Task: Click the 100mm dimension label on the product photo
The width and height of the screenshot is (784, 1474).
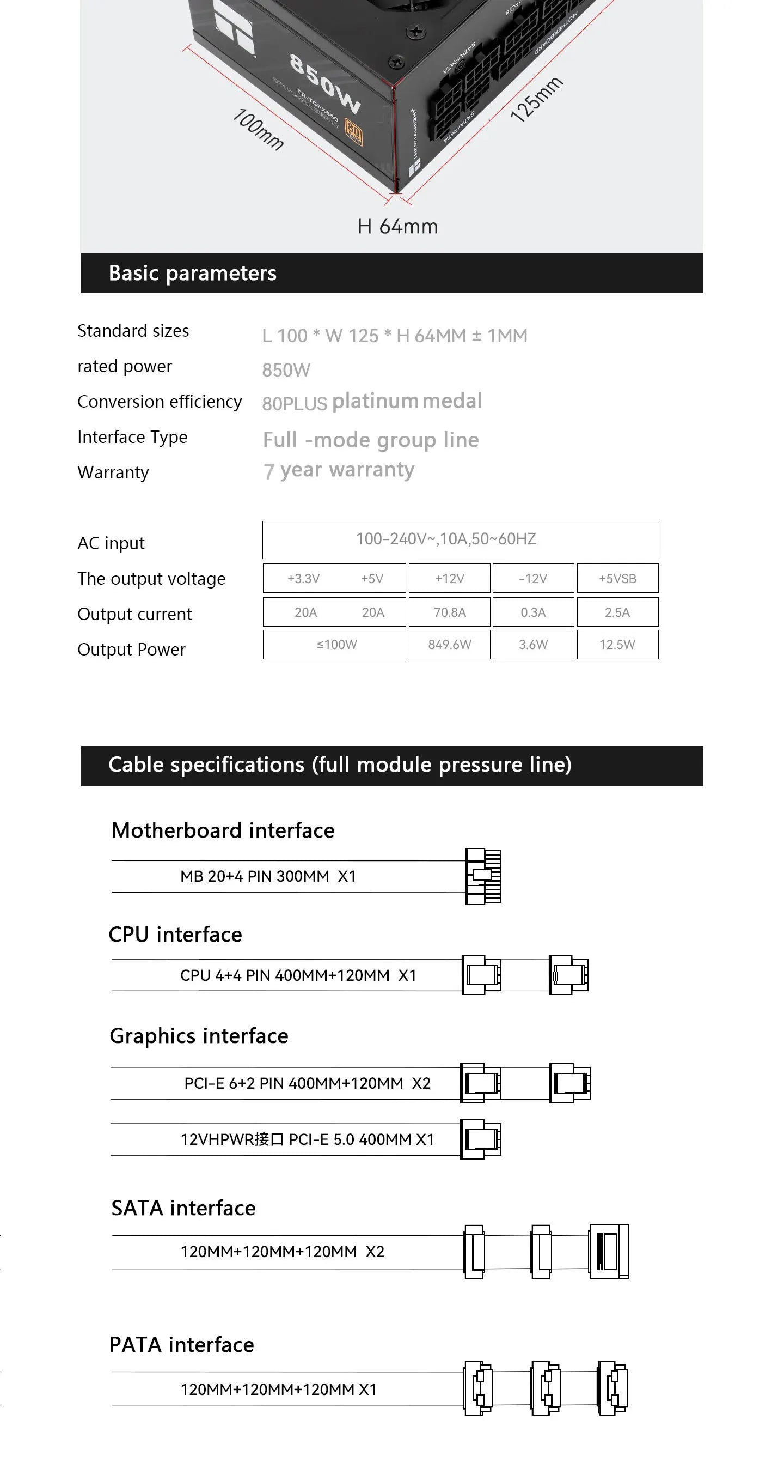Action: [258, 129]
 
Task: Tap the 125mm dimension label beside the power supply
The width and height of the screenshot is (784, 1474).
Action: [536, 100]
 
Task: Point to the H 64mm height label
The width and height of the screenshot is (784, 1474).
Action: [397, 227]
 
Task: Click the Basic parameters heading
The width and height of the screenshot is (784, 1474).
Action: [193, 274]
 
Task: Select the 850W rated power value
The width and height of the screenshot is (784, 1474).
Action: [286, 370]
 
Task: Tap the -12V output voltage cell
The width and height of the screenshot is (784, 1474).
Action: [533, 579]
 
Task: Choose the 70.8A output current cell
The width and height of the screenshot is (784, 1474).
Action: [450, 612]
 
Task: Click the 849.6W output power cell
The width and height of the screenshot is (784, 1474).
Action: [450, 645]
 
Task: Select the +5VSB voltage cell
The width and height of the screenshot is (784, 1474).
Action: [617, 579]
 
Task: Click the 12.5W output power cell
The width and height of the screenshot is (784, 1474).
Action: [617, 645]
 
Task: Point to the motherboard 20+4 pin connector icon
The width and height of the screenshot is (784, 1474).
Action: [483, 876]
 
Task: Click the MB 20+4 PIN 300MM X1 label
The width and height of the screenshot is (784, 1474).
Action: [268, 877]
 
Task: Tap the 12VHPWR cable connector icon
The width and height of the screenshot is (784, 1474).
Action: [480, 1139]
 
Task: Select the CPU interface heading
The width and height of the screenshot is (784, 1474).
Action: [175, 935]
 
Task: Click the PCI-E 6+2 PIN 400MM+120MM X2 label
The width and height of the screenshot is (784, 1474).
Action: [307, 1083]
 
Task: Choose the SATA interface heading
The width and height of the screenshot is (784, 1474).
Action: [183, 1208]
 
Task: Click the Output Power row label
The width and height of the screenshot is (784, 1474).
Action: [132, 650]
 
